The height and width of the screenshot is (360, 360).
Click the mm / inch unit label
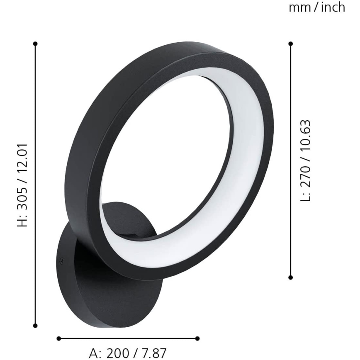317,7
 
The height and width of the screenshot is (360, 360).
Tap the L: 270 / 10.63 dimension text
306,160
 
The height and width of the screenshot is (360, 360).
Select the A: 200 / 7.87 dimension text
128,353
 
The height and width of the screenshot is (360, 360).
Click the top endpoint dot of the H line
36,43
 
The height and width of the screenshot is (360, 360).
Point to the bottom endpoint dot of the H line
36,326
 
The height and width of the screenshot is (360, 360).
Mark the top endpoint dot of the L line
291,43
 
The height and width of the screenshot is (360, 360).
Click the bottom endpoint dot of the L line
291,277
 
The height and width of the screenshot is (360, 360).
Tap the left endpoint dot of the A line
58,338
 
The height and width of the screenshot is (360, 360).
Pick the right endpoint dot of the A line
197,338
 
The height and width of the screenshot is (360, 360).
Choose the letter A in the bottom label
95,353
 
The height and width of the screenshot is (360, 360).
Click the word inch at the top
333,7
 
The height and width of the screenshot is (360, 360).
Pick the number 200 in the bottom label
118,353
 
